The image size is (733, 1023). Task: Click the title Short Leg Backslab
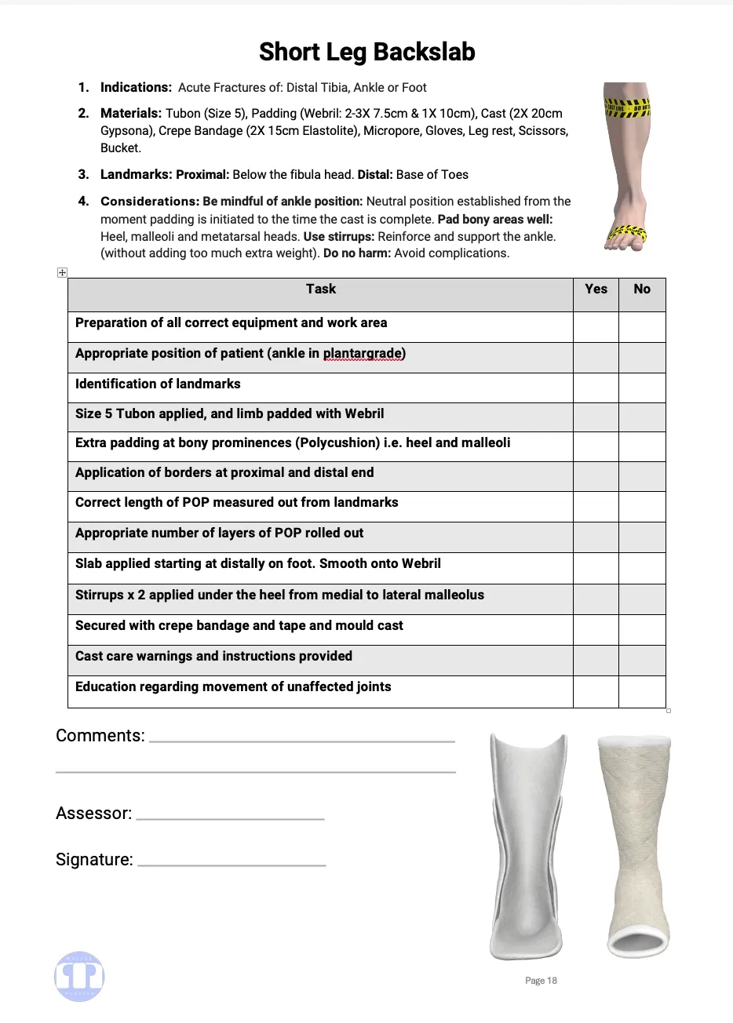366,53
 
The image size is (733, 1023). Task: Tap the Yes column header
596,289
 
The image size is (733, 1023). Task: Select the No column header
642,289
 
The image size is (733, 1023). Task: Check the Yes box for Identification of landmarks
596,388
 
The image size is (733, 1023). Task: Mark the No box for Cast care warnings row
642,660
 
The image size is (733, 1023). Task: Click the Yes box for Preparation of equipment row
596,327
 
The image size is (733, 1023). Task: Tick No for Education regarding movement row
642,691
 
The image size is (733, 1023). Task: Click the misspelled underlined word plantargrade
364,353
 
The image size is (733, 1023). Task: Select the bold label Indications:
136,88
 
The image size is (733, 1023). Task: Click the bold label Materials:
131,113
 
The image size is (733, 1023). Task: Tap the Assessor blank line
230,817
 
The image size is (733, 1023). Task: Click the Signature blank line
232,864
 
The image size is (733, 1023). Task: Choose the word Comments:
100,736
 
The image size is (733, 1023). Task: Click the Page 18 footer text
541,981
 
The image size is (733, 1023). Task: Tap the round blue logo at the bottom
79,977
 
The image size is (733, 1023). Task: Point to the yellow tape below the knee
627,107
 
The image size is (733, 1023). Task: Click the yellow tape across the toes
628,233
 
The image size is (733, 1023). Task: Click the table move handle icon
63,272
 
